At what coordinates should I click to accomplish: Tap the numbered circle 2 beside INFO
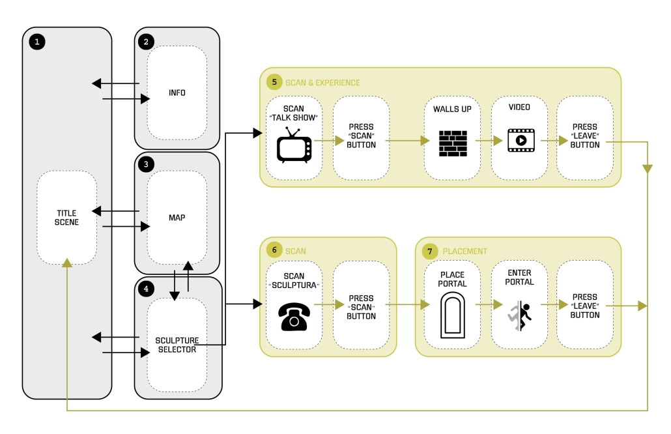[147, 42]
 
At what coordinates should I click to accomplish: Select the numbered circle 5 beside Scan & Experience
[274, 82]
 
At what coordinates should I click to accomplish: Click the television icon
[294, 145]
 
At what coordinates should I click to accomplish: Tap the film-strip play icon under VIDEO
[521, 139]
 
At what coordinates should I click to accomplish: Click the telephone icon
[294, 315]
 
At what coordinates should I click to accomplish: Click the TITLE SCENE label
[67, 218]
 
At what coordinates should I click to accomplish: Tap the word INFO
[177, 93]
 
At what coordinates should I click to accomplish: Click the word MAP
[177, 218]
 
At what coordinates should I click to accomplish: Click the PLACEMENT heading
[464, 252]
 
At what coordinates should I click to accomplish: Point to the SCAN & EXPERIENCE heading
[322, 83]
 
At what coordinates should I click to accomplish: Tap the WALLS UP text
[453, 108]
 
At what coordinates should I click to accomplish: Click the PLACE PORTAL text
[453, 280]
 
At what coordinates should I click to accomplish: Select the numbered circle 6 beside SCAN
[274, 250]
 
